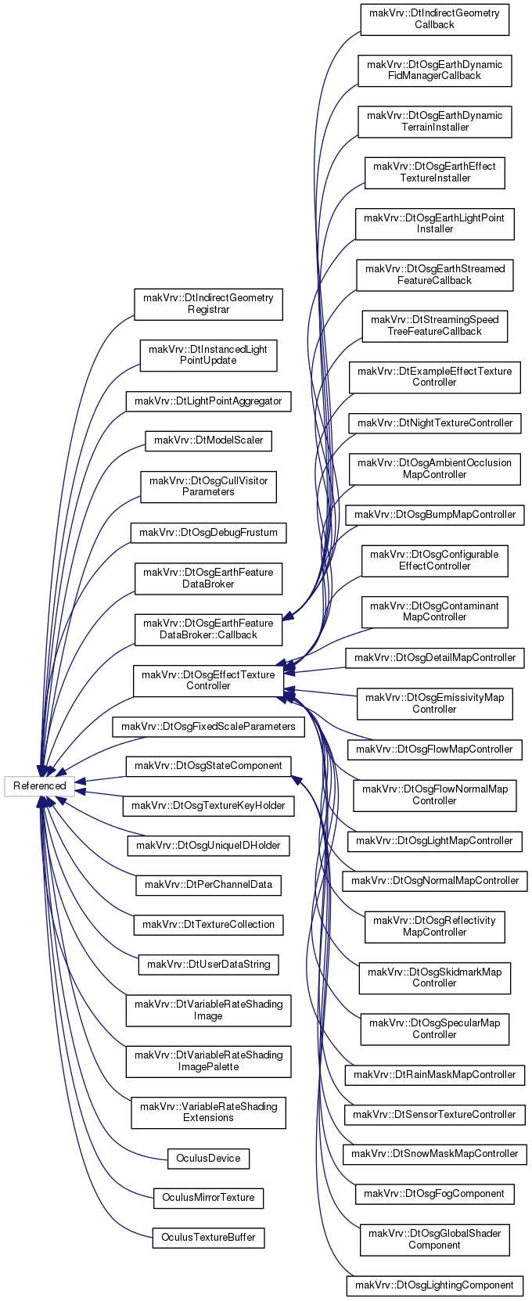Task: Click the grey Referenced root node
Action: pos(39,785)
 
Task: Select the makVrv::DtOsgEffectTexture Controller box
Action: pos(208,680)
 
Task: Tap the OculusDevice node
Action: pos(208,1158)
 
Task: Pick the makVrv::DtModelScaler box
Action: pos(208,440)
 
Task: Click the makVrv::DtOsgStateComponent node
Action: pos(208,765)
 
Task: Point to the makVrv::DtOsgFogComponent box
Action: pos(434,1193)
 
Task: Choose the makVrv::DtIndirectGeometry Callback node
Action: pos(434,19)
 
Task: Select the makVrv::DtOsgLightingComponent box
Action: pos(434,1285)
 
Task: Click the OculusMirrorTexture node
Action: pos(208,1198)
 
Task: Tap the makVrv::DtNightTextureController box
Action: pos(434,422)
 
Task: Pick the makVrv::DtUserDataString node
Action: pos(208,964)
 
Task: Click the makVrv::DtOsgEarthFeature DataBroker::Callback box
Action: pos(208,629)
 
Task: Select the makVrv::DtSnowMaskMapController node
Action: pos(434,1153)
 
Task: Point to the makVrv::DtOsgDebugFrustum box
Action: pos(208,533)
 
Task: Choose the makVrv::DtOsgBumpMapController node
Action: pos(434,515)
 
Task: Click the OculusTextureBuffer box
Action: pos(208,1238)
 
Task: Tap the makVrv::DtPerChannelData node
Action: pos(208,885)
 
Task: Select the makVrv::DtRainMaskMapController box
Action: pos(434,1074)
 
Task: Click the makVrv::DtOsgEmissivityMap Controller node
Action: pos(434,703)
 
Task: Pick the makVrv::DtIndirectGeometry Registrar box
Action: pos(208,304)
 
